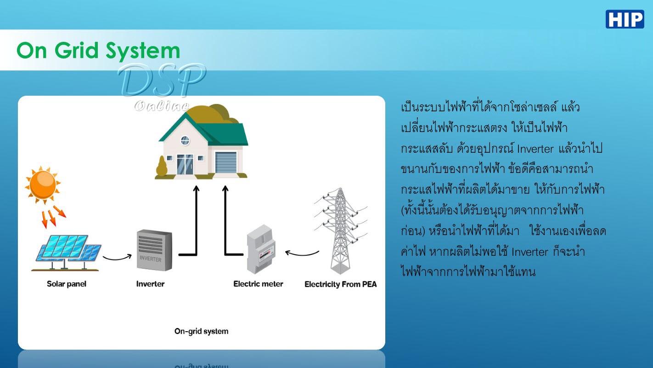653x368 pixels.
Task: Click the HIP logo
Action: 625,19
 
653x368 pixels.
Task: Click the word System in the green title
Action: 143,51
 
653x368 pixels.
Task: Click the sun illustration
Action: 43,185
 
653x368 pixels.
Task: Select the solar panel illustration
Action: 67,253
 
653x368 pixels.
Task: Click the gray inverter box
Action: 154,250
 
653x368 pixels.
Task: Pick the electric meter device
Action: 261,249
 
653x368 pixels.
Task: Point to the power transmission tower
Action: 340,231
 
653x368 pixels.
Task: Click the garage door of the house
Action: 226,162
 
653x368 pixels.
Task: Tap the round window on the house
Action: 185,140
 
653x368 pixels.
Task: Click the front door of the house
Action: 185,164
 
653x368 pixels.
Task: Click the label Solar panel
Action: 67,284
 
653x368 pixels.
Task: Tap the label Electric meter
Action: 258,284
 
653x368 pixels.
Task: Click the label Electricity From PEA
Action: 340,284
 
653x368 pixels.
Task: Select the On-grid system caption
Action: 202,332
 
